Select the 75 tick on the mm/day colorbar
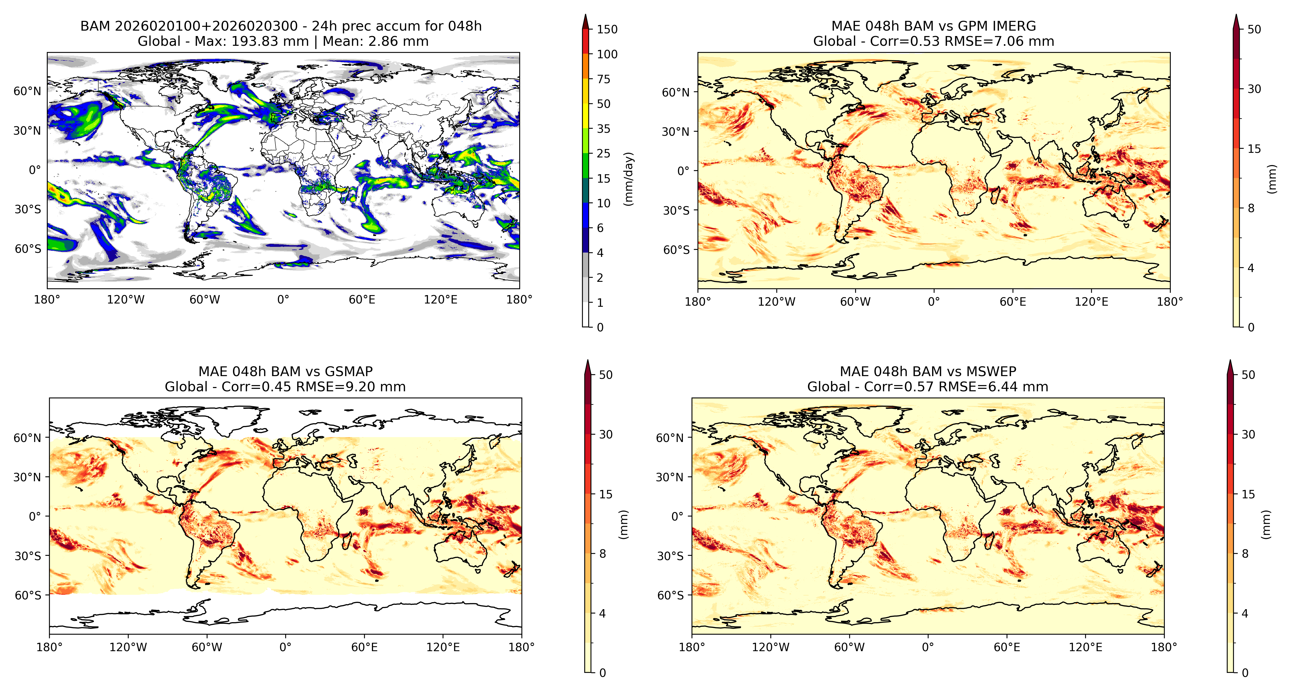point(604,79)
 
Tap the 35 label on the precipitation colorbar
point(604,129)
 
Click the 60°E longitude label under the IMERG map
point(1013,302)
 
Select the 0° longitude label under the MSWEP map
point(928,647)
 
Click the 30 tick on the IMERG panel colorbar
point(1254,89)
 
